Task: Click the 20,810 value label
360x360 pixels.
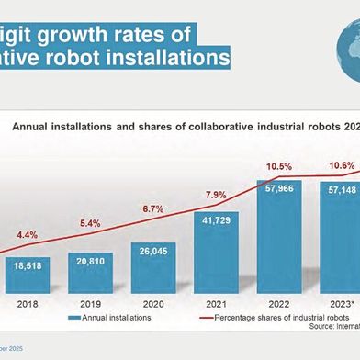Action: (x=90, y=262)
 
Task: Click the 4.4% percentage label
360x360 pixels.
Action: (x=28, y=235)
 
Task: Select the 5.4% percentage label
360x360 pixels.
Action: (x=90, y=223)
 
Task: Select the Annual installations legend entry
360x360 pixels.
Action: (x=110, y=317)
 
